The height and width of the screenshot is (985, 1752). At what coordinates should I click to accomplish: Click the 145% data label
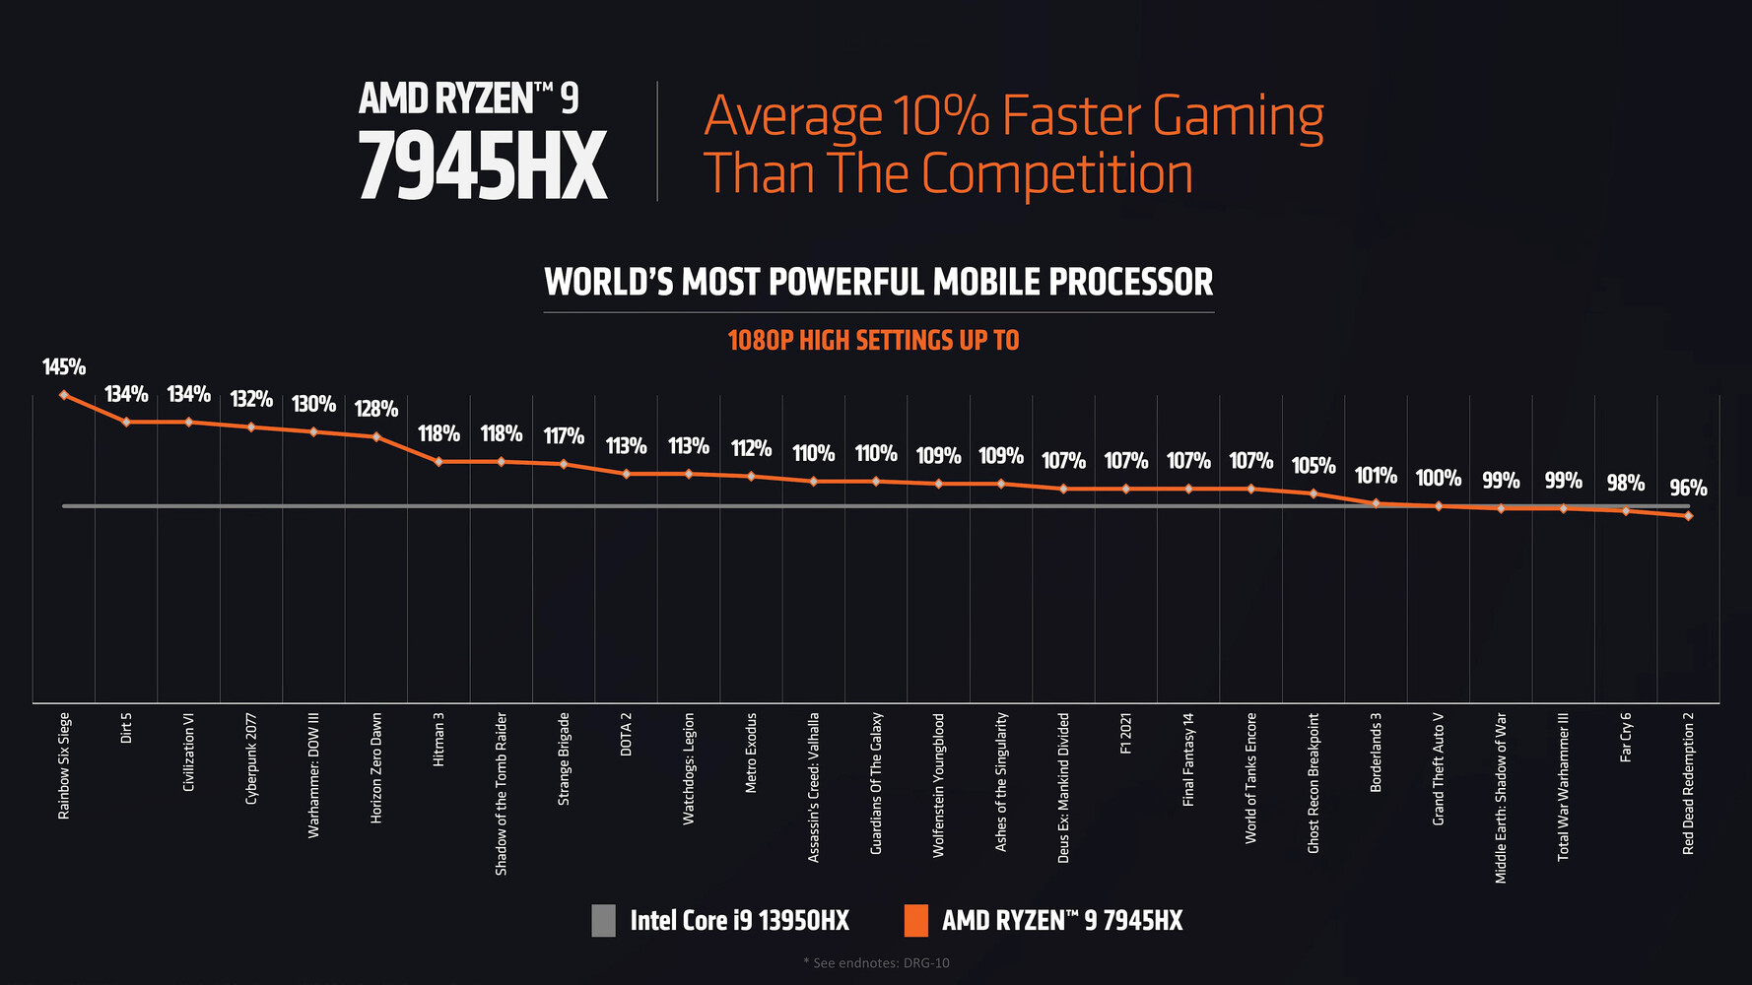point(64,367)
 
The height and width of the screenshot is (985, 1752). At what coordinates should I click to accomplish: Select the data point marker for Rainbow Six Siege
point(64,395)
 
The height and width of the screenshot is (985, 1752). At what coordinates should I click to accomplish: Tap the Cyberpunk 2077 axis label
point(251,758)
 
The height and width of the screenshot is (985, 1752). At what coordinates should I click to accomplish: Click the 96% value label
point(1688,488)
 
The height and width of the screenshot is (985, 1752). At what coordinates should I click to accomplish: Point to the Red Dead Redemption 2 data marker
point(1688,515)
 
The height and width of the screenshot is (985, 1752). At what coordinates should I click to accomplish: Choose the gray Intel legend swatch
point(603,921)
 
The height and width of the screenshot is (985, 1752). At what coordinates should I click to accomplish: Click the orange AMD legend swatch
point(915,921)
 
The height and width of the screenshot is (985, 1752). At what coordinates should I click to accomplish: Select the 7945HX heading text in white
point(482,167)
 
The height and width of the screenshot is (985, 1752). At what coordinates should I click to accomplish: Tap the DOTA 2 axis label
point(626,734)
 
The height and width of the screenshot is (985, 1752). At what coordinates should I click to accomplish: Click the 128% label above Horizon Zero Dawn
point(376,409)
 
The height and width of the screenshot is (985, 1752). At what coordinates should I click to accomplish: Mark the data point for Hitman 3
point(438,461)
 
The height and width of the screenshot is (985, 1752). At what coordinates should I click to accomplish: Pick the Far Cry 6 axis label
point(1626,737)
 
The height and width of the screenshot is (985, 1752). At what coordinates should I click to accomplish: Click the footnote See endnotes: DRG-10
point(876,962)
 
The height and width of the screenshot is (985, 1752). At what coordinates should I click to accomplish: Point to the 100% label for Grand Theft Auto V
point(1439,478)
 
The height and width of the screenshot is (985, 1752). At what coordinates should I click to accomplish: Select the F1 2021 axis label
point(1126,734)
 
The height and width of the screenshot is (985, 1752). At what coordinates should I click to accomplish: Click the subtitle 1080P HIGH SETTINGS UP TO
point(873,341)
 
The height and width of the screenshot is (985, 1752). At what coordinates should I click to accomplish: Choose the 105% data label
point(1314,465)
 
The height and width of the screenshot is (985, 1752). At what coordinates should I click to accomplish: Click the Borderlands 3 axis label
point(1377,752)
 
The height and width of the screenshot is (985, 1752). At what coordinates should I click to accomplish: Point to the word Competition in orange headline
point(1056,174)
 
